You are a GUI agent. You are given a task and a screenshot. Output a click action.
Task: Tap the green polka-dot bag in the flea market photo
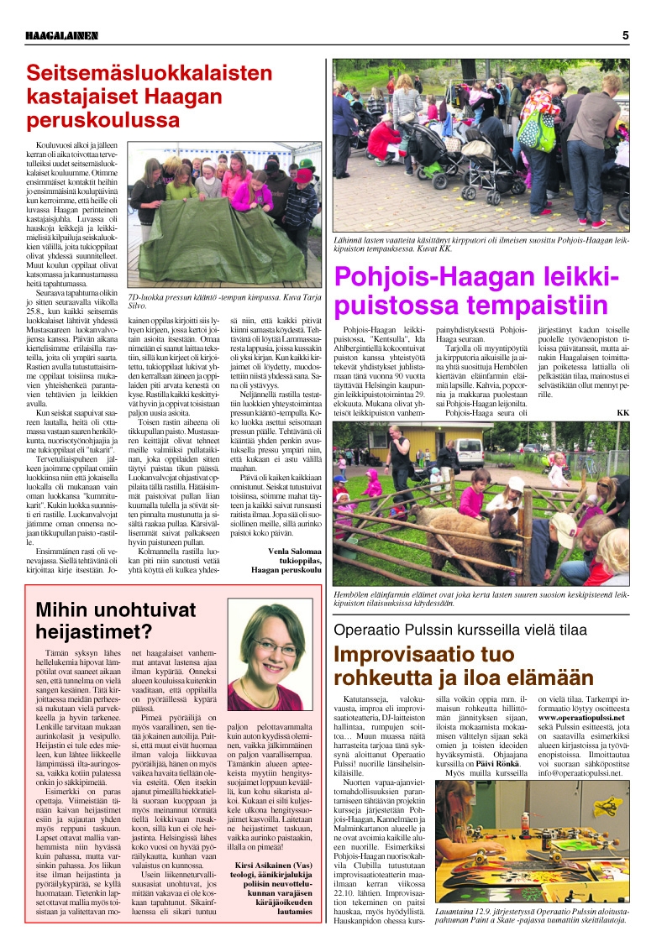pos(536,127)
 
